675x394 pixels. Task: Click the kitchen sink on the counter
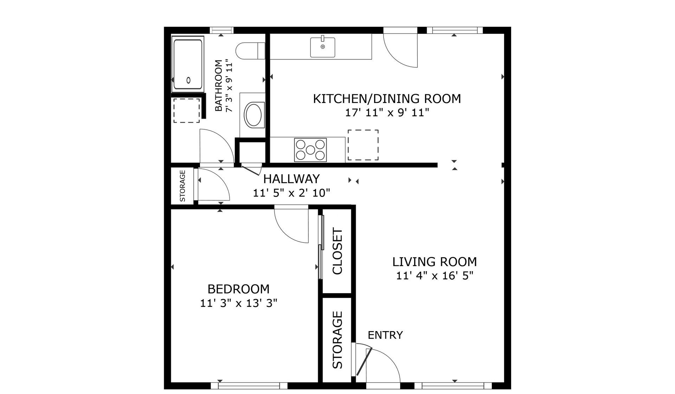[322, 47]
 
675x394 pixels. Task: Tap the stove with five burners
[310, 150]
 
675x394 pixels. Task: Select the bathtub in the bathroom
[188, 64]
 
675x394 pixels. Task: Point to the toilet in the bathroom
[250, 51]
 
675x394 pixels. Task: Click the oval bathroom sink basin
[253, 115]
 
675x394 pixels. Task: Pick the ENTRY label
[385, 335]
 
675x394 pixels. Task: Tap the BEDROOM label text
[238, 289]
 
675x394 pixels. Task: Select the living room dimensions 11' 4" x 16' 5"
[435, 276]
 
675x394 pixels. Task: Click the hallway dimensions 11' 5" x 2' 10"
[291, 193]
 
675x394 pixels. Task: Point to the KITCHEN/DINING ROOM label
[387, 99]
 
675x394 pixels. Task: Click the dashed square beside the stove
[363, 145]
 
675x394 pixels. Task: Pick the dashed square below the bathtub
[187, 110]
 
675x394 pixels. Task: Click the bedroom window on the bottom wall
[249, 386]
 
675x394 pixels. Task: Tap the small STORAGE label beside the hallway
[182, 186]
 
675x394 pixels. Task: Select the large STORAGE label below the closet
[337, 340]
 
